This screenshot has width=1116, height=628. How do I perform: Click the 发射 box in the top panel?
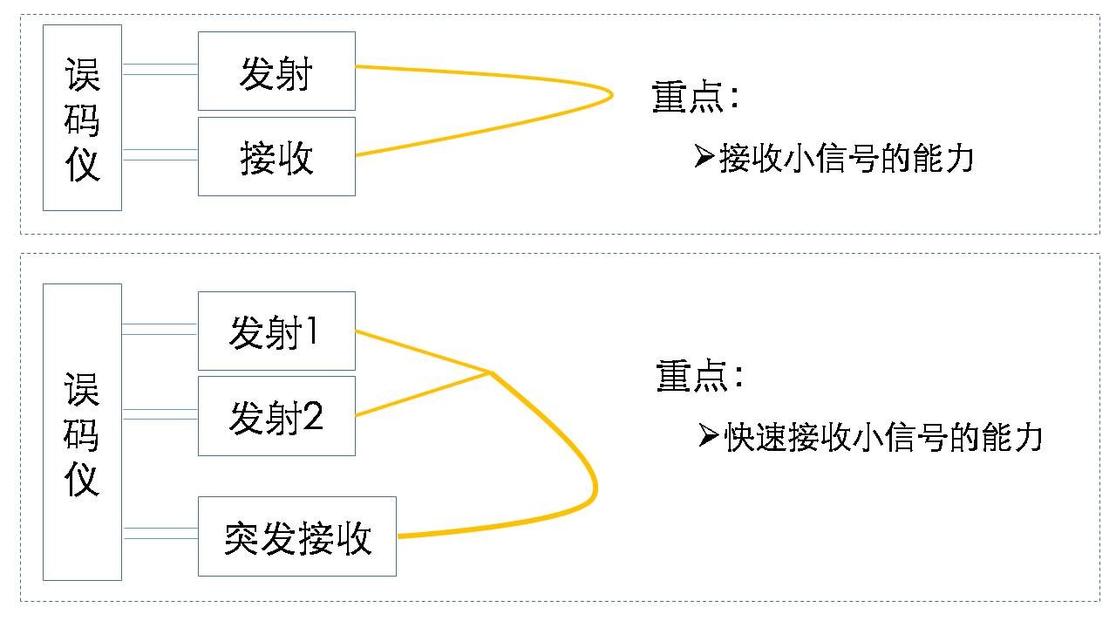[276, 72]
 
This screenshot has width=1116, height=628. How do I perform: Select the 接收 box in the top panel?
[276, 156]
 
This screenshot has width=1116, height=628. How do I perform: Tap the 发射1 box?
[276, 331]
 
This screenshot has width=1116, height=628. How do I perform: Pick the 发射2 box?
[276, 416]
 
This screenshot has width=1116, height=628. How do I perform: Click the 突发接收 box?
[297, 536]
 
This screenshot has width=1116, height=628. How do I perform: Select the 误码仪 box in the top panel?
[82, 118]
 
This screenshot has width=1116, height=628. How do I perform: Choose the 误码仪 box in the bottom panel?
[82, 433]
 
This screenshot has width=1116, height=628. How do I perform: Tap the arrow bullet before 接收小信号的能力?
[704, 157]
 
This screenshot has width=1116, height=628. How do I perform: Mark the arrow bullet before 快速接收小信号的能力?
[709, 435]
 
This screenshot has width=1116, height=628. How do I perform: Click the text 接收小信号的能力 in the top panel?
[846, 159]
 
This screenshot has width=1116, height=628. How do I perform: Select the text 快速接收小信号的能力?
[883, 437]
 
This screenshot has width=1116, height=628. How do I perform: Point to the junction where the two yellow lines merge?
[490, 373]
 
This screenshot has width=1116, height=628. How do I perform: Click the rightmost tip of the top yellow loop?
[612, 94]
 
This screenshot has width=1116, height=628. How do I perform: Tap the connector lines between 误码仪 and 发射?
[160, 69]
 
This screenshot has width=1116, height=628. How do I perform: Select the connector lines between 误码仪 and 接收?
[160, 154]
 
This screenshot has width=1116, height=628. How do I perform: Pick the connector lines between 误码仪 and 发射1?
[160, 329]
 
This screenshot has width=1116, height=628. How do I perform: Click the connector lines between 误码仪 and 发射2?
[160, 414]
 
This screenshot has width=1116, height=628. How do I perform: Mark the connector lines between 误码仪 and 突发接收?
[160, 533]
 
